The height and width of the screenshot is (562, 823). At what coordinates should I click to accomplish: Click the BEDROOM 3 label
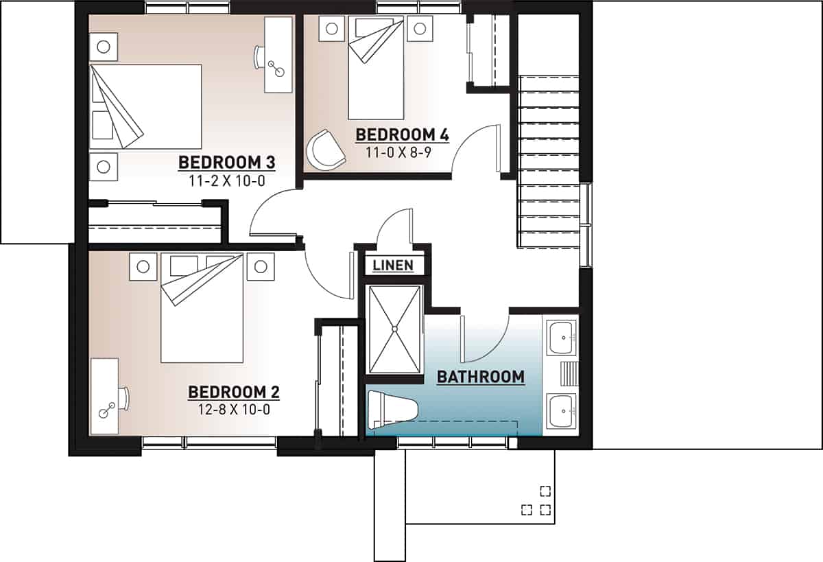point(226,163)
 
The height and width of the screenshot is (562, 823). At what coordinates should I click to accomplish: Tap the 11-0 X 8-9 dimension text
point(402,152)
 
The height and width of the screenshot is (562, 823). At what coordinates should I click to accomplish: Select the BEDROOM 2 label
point(234,392)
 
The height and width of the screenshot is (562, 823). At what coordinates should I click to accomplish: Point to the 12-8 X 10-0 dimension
point(234,410)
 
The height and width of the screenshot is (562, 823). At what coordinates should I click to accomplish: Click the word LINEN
point(393,266)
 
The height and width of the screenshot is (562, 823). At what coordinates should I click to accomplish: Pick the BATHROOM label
point(480,377)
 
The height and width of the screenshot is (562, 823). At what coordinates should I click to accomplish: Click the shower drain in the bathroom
point(395,329)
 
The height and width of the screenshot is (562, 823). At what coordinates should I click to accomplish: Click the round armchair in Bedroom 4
point(325,149)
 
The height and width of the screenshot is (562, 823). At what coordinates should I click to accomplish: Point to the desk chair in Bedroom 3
point(259,57)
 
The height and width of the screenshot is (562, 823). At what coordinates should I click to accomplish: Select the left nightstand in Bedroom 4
point(332,30)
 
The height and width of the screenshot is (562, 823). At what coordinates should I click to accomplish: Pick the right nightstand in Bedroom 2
point(260,267)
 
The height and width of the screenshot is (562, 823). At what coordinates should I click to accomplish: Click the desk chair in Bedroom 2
point(124,397)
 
